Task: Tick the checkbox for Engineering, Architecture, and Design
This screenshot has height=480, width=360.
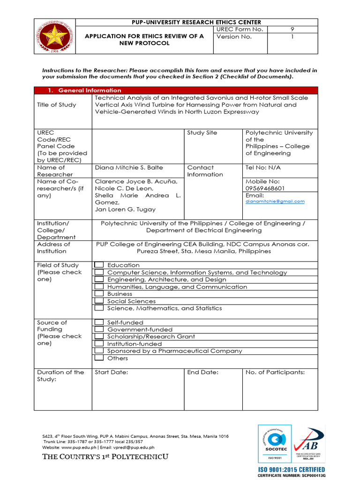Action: tap(99, 279)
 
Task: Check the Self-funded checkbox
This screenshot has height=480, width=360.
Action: tap(99, 322)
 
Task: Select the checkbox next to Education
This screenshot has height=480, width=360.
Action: tap(99, 265)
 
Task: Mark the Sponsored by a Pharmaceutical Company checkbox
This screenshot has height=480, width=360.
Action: tap(99, 351)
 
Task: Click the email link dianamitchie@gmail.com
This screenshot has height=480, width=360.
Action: tap(275, 202)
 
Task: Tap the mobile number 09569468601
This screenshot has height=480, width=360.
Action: tap(265, 188)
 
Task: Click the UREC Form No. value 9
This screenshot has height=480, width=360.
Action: tap(292, 30)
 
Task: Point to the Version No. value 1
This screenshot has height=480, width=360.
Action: tap(292, 37)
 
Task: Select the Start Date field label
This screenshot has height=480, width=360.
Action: tap(112, 372)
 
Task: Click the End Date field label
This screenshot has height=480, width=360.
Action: tap(202, 372)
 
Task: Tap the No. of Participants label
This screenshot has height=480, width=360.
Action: tap(275, 372)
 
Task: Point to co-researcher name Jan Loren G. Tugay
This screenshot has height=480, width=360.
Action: tap(125, 210)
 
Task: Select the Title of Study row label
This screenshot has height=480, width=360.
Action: tap(56, 105)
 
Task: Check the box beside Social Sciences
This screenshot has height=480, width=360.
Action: tap(99, 301)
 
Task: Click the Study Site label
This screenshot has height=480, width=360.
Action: tap(202, 133)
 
